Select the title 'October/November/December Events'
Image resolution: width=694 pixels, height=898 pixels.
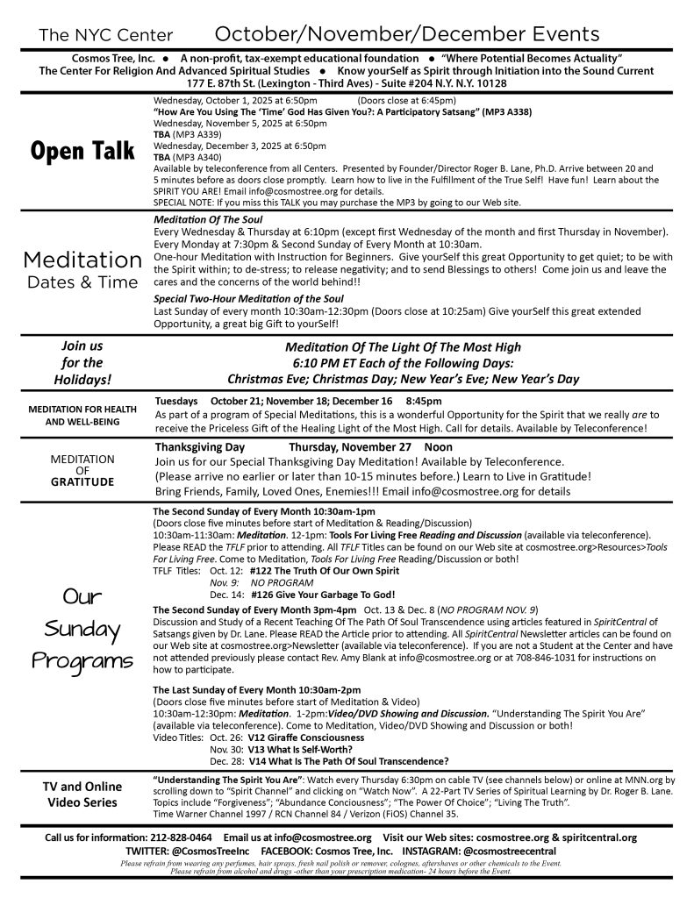(407, 34)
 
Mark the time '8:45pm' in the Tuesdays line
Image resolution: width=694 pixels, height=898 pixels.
(425, 400)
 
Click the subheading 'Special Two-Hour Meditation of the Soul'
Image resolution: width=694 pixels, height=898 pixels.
(237, 299)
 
